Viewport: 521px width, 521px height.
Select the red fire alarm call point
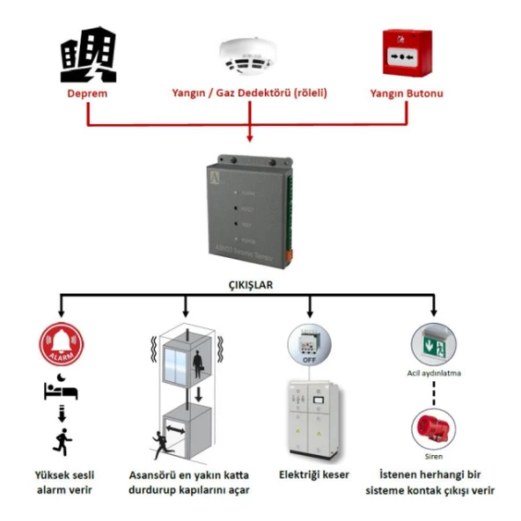click(407, 54)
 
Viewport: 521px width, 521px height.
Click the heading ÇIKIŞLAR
click(251, 285)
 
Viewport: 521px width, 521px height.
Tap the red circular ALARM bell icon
click(61, 347)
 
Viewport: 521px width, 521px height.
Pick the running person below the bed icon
click(62, 441)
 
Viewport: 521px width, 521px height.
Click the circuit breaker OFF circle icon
click(310, 345)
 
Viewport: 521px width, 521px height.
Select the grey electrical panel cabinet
click(309, 420)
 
